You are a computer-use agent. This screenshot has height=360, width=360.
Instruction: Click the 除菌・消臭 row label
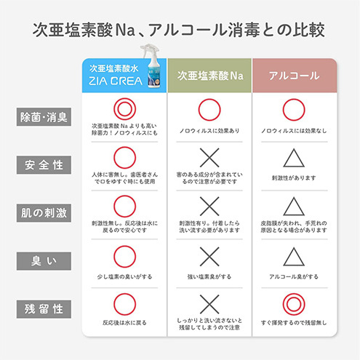coord(44,117)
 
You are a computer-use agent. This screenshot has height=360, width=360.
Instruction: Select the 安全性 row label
coord(44,165)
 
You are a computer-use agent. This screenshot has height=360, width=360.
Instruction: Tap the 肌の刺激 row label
coord(44,213)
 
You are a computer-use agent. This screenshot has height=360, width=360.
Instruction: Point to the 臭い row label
coord(44,261)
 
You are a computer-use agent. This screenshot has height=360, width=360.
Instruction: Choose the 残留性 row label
coord(44,309)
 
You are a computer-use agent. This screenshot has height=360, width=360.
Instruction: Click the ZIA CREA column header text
coord(116,81)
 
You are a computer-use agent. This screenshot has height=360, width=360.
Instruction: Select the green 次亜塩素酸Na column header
coord(209,76)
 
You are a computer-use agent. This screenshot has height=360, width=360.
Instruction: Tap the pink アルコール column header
coord(295,76)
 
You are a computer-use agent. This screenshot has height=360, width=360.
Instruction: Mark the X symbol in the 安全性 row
coord(209,158)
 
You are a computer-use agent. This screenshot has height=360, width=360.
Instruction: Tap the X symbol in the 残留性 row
coord(209,304)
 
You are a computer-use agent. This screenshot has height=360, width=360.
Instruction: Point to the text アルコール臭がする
coord(294,276)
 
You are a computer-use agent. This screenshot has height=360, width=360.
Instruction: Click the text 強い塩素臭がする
coord(209,276)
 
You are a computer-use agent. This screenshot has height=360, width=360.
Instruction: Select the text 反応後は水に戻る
coord(124,323)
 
